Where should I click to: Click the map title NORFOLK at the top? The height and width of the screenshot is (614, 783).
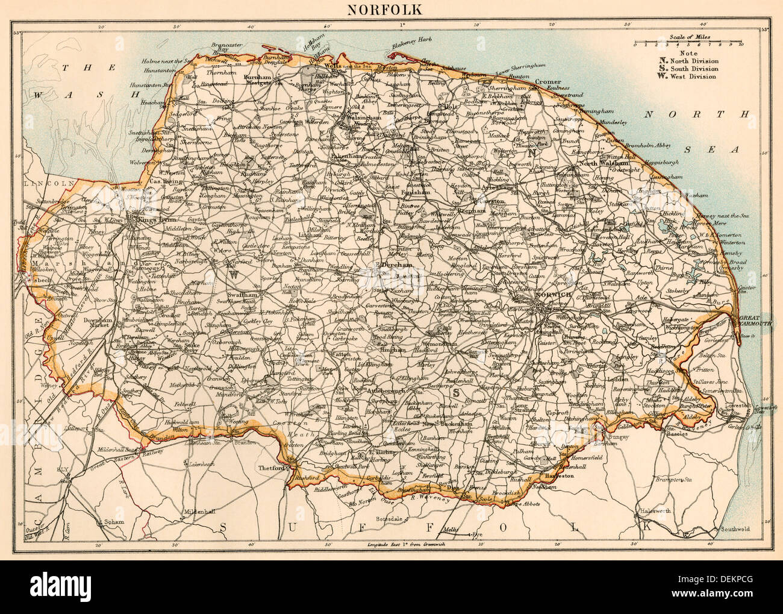point(392,10)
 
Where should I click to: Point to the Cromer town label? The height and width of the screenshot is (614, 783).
point(547,82)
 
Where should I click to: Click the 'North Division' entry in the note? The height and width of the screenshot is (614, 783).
point(693,60)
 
